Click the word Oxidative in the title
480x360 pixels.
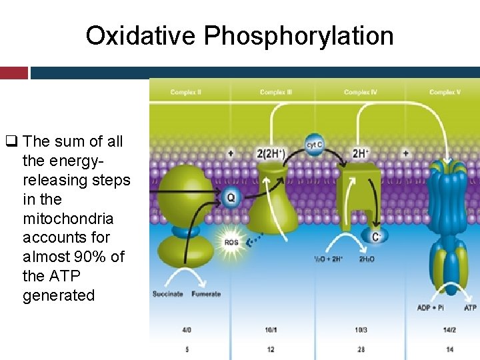click(141, 36)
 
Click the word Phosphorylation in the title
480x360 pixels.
click(299, 36)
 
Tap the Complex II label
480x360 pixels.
click(187, 92)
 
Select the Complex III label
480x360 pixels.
click(276, 92)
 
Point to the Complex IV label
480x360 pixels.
click(361, 92)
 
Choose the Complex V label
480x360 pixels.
click(445, 92)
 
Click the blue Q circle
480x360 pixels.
click(231, 197)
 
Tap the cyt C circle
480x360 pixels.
click(314, 144)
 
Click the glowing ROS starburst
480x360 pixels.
click(230, 242)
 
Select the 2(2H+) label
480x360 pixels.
click(271, 153)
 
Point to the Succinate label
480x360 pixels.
click(167, 294)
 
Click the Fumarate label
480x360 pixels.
click(206, 294)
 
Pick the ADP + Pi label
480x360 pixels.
click(431, 308)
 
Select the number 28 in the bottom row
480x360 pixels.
click(361, 349)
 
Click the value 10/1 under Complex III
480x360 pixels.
click(271, 330)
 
